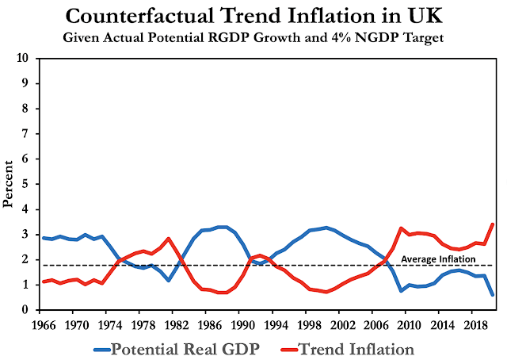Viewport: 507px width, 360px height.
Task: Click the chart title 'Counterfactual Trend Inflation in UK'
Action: pos(253,16)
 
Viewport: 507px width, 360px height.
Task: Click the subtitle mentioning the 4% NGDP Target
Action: pos(253,36)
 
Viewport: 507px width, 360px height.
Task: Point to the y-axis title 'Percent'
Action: pos(9,184)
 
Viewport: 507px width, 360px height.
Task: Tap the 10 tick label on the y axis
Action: pos(25,59)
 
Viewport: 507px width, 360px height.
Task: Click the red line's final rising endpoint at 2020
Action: pos(493,224)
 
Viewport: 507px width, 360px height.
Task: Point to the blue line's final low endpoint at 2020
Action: pos(493,294)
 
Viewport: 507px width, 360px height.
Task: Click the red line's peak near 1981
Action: pos(169,238)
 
